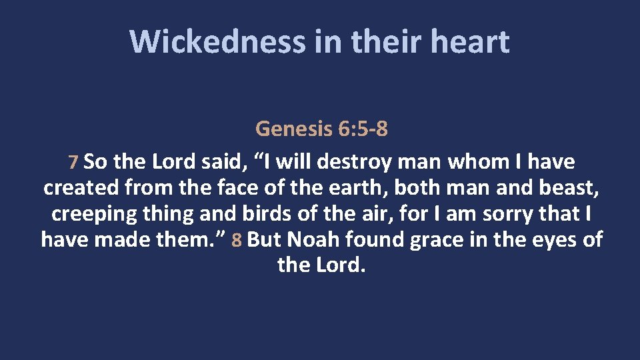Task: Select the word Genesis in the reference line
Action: click(x=294, y=128)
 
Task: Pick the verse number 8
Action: click(x=237, y=240)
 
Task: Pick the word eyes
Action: click(x=545, y=240)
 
